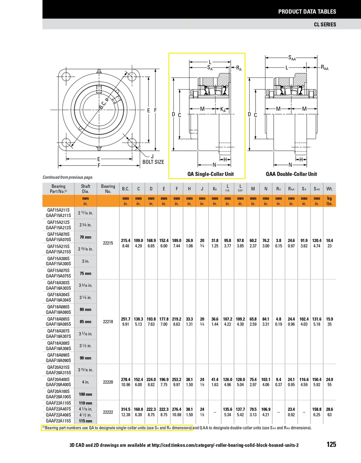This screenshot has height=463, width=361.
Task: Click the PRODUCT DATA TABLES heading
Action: tap(307, 12)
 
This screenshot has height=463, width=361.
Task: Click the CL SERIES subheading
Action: tap(325, 25)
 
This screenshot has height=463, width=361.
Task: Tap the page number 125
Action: tap(331, 444)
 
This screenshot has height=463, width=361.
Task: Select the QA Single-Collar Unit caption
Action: tap(210, 174)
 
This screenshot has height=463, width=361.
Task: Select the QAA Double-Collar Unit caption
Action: tap(291, 174)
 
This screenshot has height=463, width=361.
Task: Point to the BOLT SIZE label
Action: tap(153, 162)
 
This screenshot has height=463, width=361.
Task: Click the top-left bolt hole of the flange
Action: tap(66, 77)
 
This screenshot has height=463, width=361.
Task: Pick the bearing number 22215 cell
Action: tap(108, 243)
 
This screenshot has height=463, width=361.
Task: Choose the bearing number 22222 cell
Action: tap(108, 412)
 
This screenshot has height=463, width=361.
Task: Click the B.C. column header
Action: tap(126, 189)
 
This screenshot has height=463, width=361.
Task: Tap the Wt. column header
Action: tap(329, 189)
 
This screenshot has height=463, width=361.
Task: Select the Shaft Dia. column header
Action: tap(86, 189)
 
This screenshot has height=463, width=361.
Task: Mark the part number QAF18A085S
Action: tap(58, 319)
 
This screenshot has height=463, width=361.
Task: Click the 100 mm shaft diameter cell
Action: tap(86, 394)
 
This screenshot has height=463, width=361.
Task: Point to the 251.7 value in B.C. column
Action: tap(126, 319)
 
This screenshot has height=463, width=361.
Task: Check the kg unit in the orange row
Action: tap(329, 199)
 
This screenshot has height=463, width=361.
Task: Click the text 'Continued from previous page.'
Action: tap(68, 177)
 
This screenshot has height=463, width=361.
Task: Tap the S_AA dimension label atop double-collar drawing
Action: tap(292, 58)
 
